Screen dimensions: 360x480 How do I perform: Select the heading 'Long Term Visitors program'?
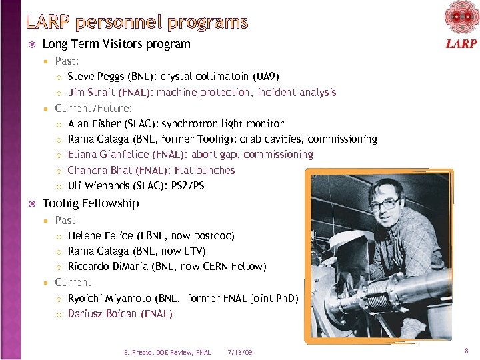pos(116,44)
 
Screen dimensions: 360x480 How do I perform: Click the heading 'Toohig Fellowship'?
pos(91,203)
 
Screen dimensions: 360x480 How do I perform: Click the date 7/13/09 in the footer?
pos(239,352)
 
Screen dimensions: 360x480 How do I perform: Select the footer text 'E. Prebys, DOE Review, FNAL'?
pos(167,352)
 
